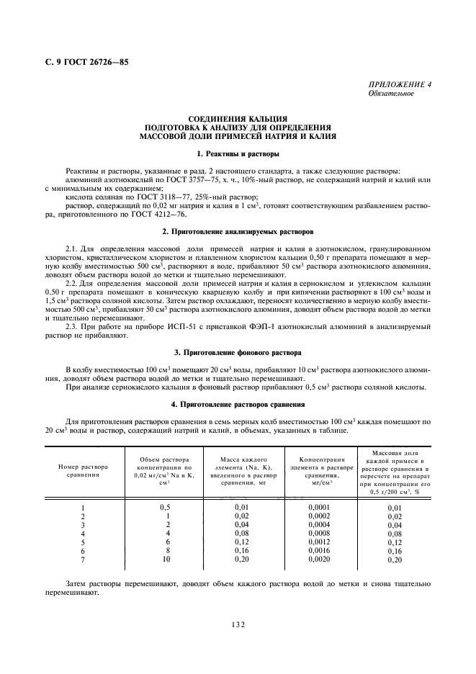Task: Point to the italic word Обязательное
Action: pos(390,93)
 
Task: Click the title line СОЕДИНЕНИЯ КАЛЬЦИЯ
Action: pos(238,118)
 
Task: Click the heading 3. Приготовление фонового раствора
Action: pos(238,352)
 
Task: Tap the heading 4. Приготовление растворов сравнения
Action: pos(238,405)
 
